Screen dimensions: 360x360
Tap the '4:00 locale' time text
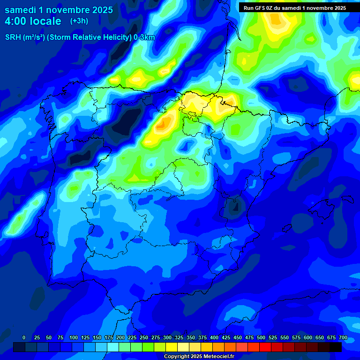pyautogui.click(x=33, y=21)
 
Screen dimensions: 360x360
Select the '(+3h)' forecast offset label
pyautogui.click(x=79, y=21)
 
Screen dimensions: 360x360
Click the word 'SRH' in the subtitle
pyautogui.click(x=13, y=37)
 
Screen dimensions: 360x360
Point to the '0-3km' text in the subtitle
pyautogui.click(x=144, y=37)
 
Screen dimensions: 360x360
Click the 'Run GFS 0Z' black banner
pyautogui.click(x=294, y=7)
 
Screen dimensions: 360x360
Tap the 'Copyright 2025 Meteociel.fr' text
pyautogui.click(x=199, y=357)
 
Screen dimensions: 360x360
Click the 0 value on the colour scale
pyautogui.click(x=24, y=337)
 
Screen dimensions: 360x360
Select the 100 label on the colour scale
pyautogui.click(x=74, y=337)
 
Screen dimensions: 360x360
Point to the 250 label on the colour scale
pyautogui.click(x=144, y=337)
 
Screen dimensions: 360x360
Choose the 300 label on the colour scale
pyautogui.click(x=167, y=337)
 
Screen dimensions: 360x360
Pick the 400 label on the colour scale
pyautogui.click(x=214, y=337)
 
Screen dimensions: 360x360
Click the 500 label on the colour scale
pyautogui.click(x=261, y=337)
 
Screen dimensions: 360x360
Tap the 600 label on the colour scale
pyautogui.click(x=308, y=337)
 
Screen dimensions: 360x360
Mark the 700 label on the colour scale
pyautogui.click(x=343, y=337)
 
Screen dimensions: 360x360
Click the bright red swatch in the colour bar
pyautogui.click(x=265, y=347)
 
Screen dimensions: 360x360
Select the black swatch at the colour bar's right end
pyautogui.click(x=336, y=347)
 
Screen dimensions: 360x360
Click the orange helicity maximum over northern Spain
pyautogui.click(x=164, y=124)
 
